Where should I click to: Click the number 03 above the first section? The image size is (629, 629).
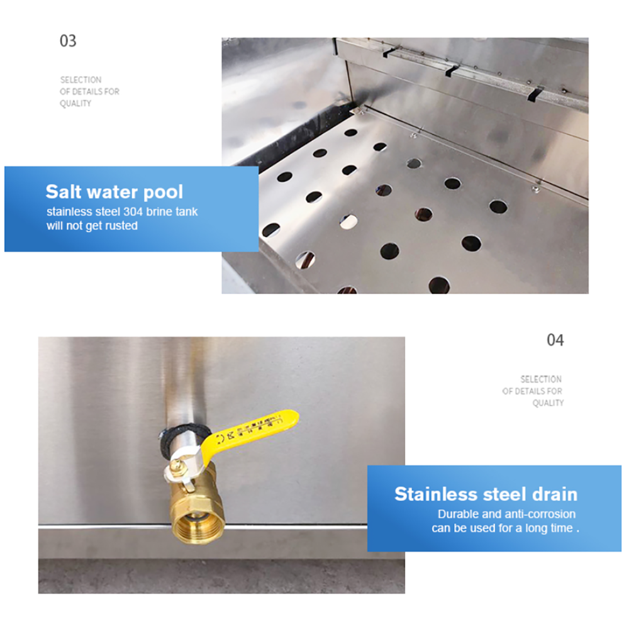(67, 42)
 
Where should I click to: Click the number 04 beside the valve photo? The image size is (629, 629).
(555, 340)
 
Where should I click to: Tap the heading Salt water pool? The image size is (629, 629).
(114, 192)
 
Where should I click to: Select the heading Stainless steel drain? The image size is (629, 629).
(486, 494)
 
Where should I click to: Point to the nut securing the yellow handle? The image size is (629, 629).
(177, 465)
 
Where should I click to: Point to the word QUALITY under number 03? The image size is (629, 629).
(75, 104)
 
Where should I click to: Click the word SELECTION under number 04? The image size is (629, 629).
(541, 379)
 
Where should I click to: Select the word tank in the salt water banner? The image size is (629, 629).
(187, 211)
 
